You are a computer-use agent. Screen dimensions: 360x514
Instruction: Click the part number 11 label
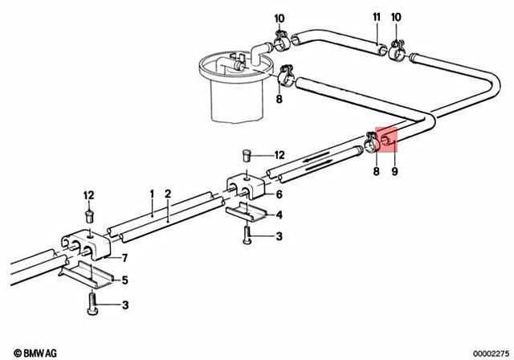(375, 17)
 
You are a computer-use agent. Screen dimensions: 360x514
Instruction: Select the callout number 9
(394, 170)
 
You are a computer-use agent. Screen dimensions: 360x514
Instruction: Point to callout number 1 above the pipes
(150, 194)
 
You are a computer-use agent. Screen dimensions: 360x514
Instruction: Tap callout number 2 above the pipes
(167, 194)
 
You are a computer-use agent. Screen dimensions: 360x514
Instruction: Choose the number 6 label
(279, 194)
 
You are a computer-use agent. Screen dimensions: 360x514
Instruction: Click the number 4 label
(279, 215)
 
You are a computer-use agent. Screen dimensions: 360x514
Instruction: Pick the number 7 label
(124, 257)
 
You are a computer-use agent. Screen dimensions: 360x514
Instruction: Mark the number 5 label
(124, 280)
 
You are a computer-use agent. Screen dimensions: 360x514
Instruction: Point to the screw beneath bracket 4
(247, 235)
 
